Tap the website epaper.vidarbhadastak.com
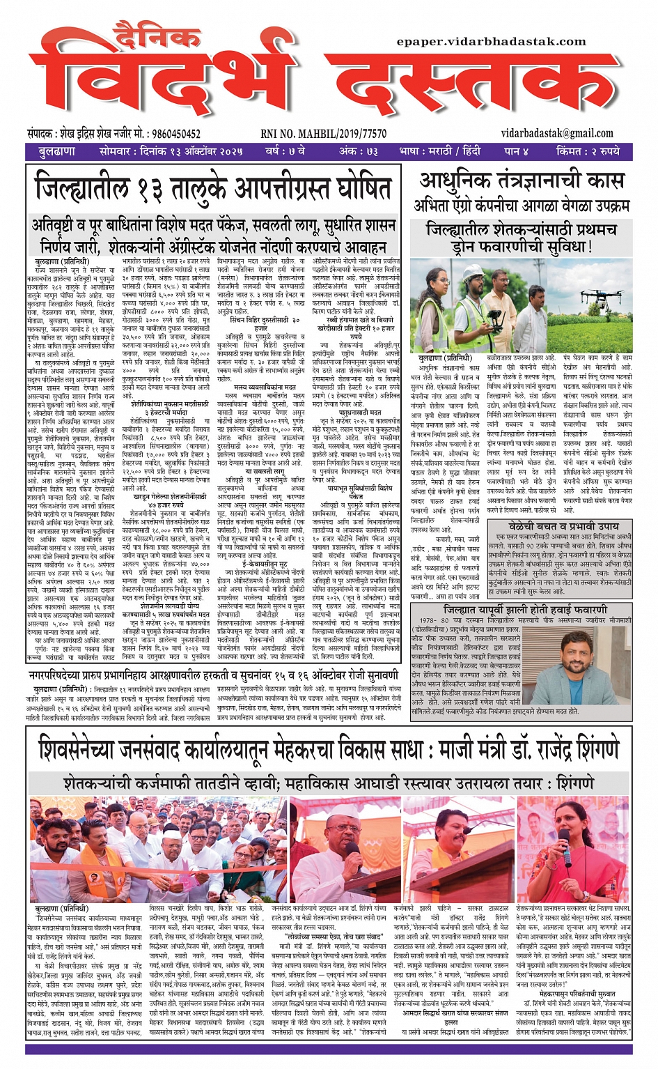pos(491,42)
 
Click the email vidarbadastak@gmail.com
pos(557,133)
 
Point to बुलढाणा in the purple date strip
pos(57,151)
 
